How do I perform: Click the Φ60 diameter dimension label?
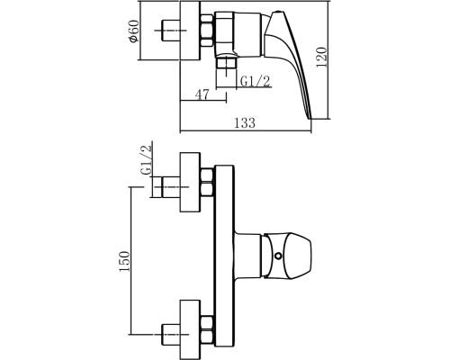[134, 31]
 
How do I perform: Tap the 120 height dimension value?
[322, 57]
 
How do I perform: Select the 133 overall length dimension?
[245, 123]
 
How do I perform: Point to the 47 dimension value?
[202, 94]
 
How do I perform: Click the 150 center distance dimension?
[125, 261]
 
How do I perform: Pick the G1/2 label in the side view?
[256, 81]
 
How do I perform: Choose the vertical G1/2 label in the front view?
[147, 160]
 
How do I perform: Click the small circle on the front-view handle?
[279, 256]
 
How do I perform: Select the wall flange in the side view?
[190, 31]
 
